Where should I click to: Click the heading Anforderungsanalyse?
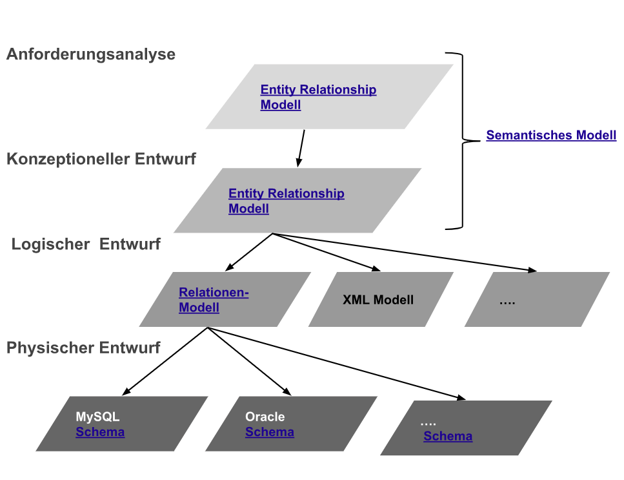pos(91,54)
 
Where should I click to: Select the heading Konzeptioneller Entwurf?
pos(101,159)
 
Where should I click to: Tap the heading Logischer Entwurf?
pos(86,244)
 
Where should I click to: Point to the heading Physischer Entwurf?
pos(83,348)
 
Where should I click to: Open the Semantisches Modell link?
pos(551,136)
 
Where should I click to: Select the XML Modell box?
pos(378,300)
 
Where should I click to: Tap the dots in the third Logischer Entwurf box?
pos(507,301)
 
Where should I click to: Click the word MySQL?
pos(97,417)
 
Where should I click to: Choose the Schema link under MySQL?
pos(100,432)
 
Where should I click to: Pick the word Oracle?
pos(265,417)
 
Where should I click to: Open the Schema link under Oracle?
pos(270,432)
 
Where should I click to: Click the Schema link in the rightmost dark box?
pos(448,436)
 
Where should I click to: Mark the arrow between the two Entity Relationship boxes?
pos(301,148)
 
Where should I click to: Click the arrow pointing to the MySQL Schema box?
pos(165,360)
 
